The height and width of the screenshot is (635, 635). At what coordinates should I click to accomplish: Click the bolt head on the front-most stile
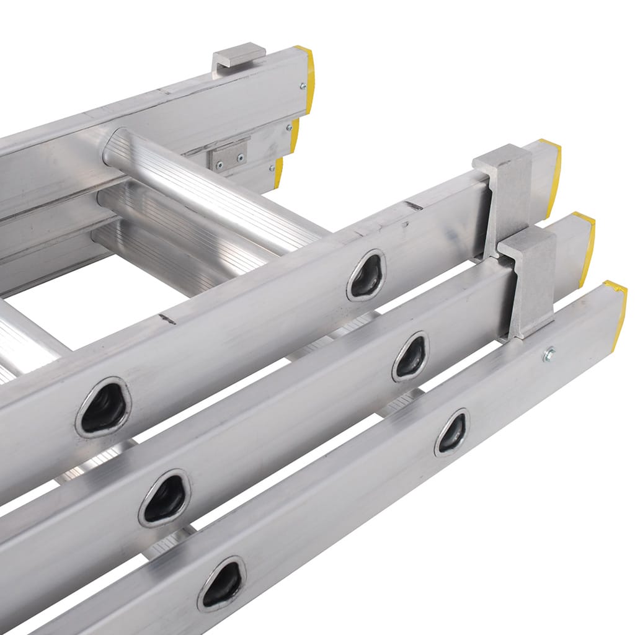(x=548, y=355)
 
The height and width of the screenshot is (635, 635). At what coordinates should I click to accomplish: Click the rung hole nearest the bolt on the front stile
(x=451, y=432)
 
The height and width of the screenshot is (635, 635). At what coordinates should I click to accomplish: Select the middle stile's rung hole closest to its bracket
(x=411, y=357)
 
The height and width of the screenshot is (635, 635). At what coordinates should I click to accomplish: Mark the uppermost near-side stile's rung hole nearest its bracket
(x=366, y=275)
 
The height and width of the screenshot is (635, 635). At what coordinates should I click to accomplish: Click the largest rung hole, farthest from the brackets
(x=104, y=407)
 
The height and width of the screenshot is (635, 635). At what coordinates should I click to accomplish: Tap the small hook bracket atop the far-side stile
(x=239, y=55)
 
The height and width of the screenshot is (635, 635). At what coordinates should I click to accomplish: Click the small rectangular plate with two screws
(x=228, y=155)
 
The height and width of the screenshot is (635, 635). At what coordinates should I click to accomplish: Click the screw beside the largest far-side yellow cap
(x=303, y=86)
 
